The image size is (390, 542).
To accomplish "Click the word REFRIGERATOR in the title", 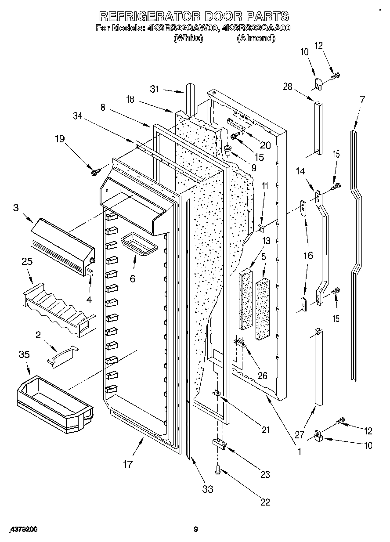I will click(147, 16).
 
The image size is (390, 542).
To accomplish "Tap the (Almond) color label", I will click(256, 38).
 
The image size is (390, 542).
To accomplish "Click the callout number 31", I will click(154, 89).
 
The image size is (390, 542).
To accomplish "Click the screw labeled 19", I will click(94, 170).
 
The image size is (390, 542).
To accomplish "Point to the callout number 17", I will click(127, 464).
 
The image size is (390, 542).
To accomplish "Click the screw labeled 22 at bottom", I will click(218, 470).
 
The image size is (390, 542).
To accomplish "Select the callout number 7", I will click(362, 99).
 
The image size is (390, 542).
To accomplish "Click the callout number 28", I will click(287, 87).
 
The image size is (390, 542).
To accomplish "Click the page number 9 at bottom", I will click(196, 530).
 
